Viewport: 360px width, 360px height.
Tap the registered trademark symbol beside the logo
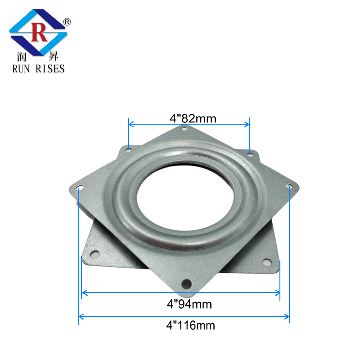pyautogui.click(x=67, y=21)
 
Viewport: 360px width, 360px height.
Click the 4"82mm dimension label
pyautogui.click(x=193, y=118)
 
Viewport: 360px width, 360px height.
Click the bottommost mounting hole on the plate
pyautogui.click(x=186, y=283)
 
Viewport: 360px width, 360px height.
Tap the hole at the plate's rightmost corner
pyautogui.click(x=288, y=185)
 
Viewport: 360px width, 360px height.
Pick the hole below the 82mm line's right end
pyautogui.click(x=250, y=154)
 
